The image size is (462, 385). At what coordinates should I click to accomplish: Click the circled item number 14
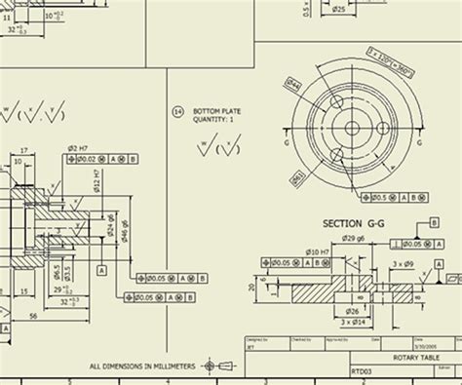(x=177, y=112)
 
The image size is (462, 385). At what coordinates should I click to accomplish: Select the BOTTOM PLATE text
(x=216, y=112)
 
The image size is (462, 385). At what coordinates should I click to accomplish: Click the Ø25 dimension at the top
(x=338, y=9)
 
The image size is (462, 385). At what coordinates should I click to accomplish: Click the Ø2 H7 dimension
(x=72, y=147)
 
